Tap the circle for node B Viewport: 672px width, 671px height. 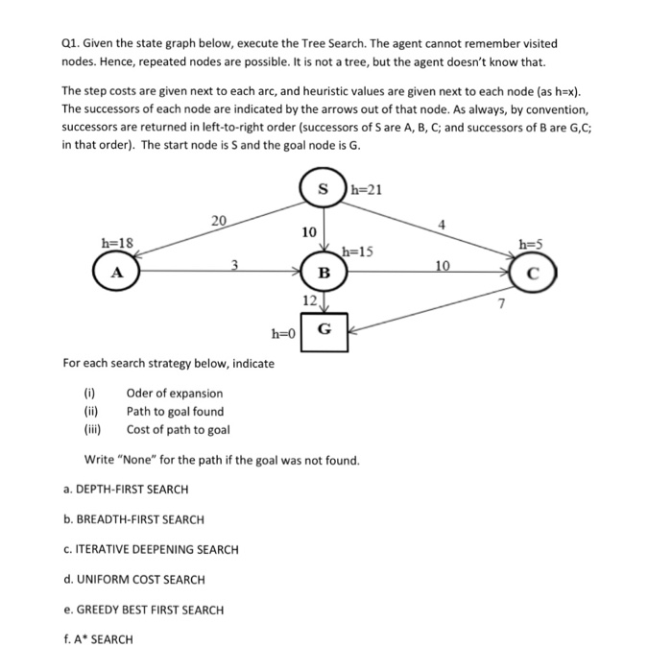click(x=324, y=273)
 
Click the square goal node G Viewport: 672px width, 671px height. click(x=324, y=328)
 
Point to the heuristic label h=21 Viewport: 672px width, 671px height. click(x=366, y=189)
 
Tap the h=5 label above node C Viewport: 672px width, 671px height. click(x=529, y=244)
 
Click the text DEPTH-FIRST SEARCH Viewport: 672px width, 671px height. click(x=125, y=490)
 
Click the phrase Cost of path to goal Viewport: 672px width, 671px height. click(x=178, y=429)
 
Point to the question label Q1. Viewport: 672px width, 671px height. click(x=70, y=43)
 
